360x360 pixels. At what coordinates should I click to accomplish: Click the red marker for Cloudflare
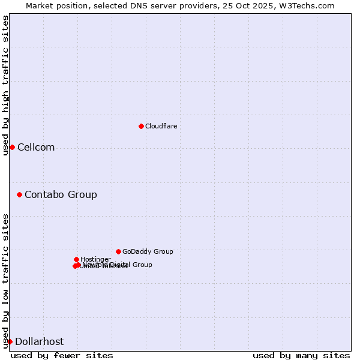coord(141,126)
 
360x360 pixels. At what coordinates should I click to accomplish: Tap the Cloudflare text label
coord(161,126)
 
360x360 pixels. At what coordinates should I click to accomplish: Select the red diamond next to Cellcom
coord(12,147)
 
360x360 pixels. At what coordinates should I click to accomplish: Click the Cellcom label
coord(36,148)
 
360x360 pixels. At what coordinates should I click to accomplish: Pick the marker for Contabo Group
coord(19,194)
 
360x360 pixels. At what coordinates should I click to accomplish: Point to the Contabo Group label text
coord(61,194)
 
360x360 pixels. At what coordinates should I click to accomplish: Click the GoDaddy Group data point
coord(118,251)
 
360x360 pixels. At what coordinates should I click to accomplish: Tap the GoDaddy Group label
coord(148,252)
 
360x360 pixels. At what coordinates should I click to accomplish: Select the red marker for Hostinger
coord(76,259)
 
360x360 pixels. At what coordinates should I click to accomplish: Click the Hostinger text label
coord(95,259)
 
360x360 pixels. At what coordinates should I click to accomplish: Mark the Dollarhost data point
coord(10,341)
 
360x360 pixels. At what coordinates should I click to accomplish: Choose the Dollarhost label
coord(39,342)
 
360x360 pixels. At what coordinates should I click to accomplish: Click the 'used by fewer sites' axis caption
coord(62,355)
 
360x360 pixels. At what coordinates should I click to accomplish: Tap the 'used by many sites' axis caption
coord(301,355)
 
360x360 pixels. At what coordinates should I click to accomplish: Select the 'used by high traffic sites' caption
coord(5,85)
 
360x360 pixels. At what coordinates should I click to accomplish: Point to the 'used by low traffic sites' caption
coord(5,281)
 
